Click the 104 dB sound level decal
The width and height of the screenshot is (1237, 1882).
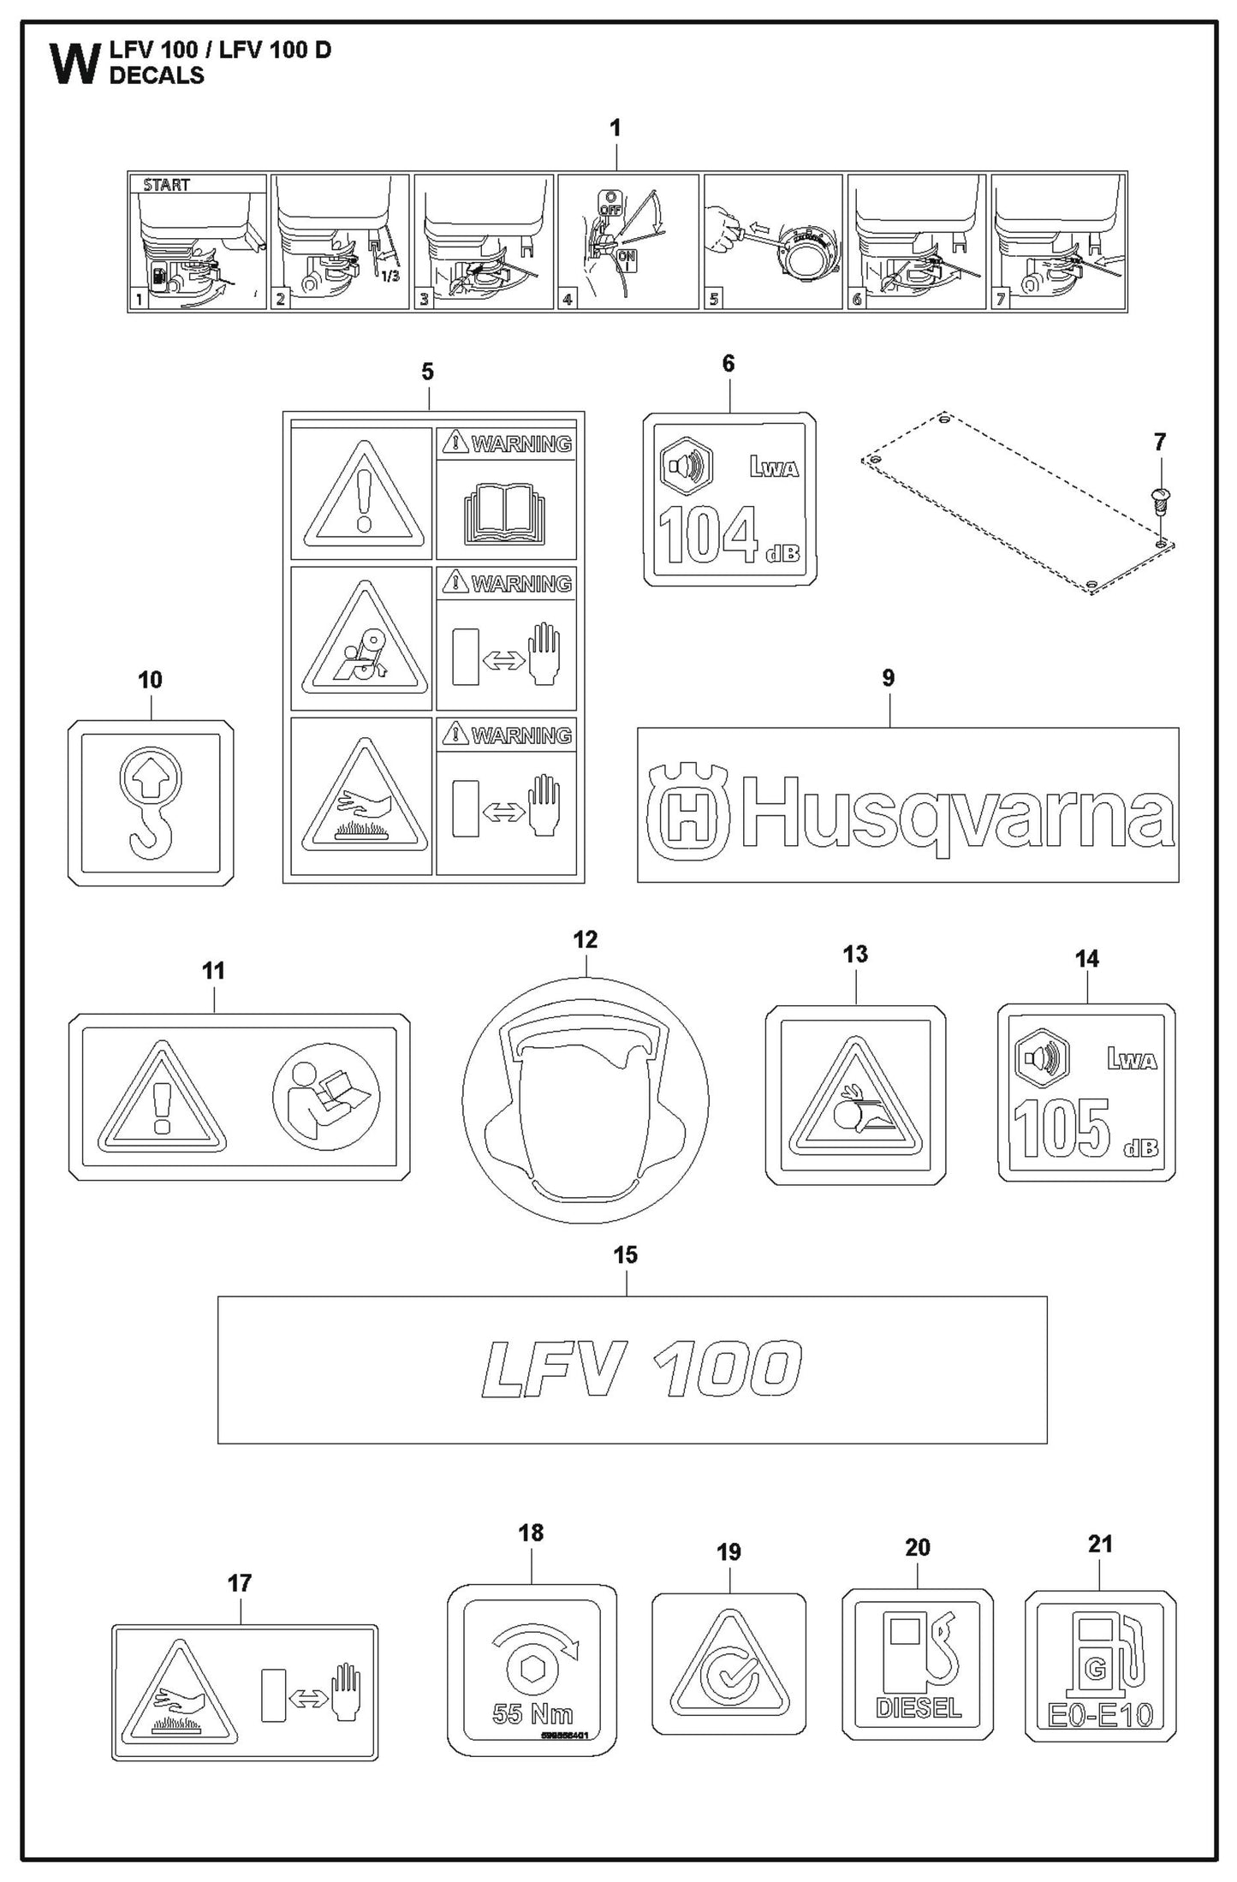[729, 499]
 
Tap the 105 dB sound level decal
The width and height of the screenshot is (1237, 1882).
[1086, 1093]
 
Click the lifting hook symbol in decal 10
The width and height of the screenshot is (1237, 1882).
[150, 802]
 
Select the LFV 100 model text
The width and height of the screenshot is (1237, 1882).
[641, 1368]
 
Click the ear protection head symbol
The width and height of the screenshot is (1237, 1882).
[586, 1102]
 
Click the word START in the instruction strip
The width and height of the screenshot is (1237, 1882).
[166, 184]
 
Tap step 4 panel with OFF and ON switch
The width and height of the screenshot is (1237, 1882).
[627, 241]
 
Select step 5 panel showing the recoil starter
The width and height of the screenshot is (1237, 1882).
[773, 241]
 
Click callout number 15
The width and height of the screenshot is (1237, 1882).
[625, 1255]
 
